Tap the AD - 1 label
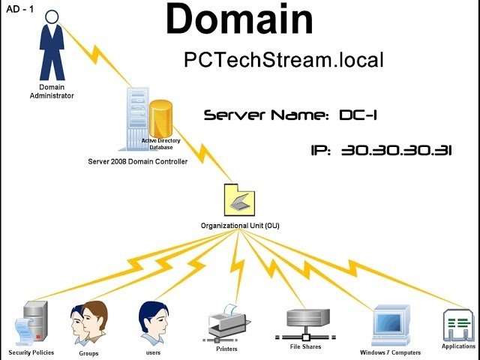tap(21, 10)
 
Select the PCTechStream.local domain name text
tap(283, 60)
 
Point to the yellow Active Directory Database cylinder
tap(161, 120)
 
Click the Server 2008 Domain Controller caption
tap(137, 161)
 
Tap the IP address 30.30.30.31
tap(381, 150)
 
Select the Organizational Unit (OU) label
tap(240, 225)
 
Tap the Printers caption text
tap(226, 349)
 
